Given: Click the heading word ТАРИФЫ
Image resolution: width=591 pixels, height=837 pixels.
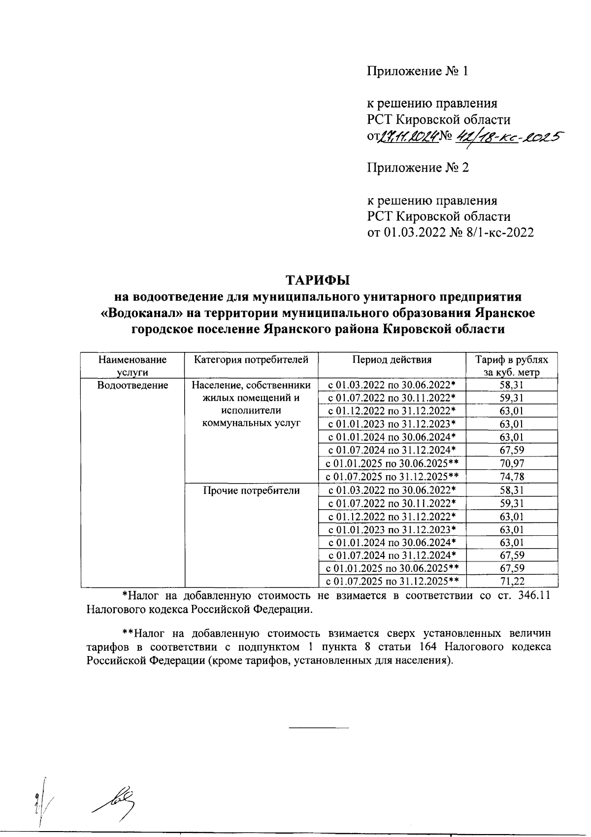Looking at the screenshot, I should [x=318, y=280].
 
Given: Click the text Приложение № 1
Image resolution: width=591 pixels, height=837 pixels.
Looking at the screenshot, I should [x=417, y=71].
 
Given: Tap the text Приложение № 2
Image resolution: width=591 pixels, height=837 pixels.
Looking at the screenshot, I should [x=418, y=168].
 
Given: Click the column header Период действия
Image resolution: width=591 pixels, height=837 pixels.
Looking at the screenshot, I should [x=392, y=360].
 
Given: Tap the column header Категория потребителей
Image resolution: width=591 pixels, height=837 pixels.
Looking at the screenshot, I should [x=251, y=360].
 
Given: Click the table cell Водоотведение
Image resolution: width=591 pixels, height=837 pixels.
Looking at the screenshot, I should [x=133, y=385].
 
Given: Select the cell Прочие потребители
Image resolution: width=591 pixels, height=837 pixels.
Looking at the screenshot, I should [x=251, y=490].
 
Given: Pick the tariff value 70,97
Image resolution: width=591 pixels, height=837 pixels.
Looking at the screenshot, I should [x=512, y=463].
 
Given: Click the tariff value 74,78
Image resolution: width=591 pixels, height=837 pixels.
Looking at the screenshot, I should [x=512, y=477].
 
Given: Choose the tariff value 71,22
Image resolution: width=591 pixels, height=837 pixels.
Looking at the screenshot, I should [x=512, y=582].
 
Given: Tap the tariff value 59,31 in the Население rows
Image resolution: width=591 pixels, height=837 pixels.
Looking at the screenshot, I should [x=512, y=398].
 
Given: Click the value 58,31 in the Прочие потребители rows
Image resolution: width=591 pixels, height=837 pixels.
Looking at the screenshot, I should [x=512, y=490].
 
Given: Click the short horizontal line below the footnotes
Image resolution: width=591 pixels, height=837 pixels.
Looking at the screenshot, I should [x=318, y=728].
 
